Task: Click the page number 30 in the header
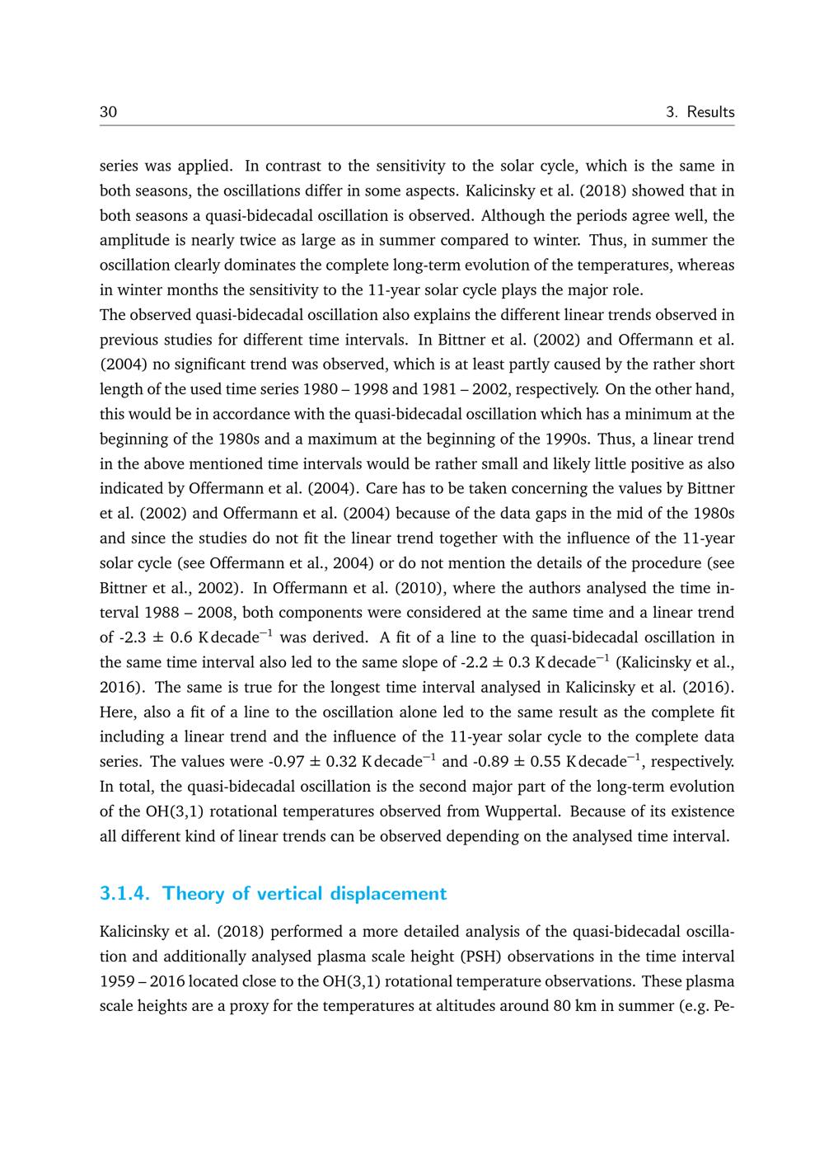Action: tap(108, 112)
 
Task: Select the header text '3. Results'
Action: tap(700, 112)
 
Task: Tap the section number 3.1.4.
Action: tap(127, 894)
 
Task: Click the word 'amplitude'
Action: tap(134, 241)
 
